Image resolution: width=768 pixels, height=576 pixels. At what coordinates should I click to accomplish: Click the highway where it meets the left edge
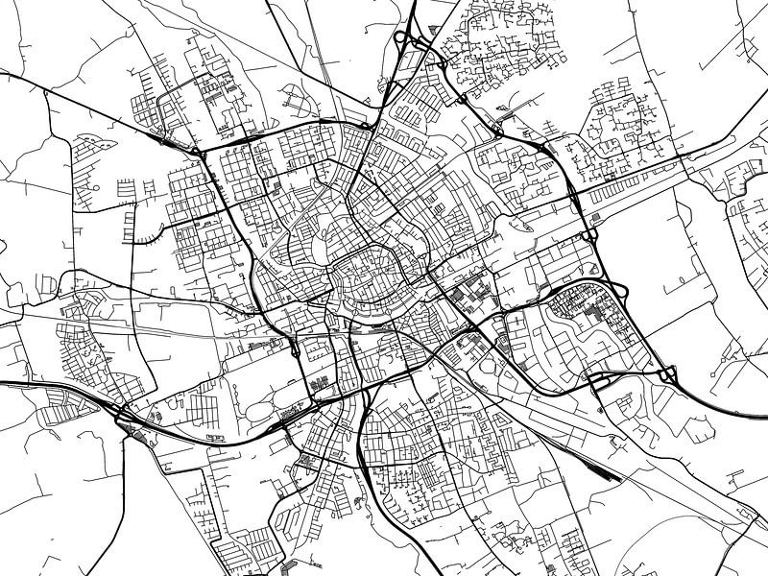[4, 385]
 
